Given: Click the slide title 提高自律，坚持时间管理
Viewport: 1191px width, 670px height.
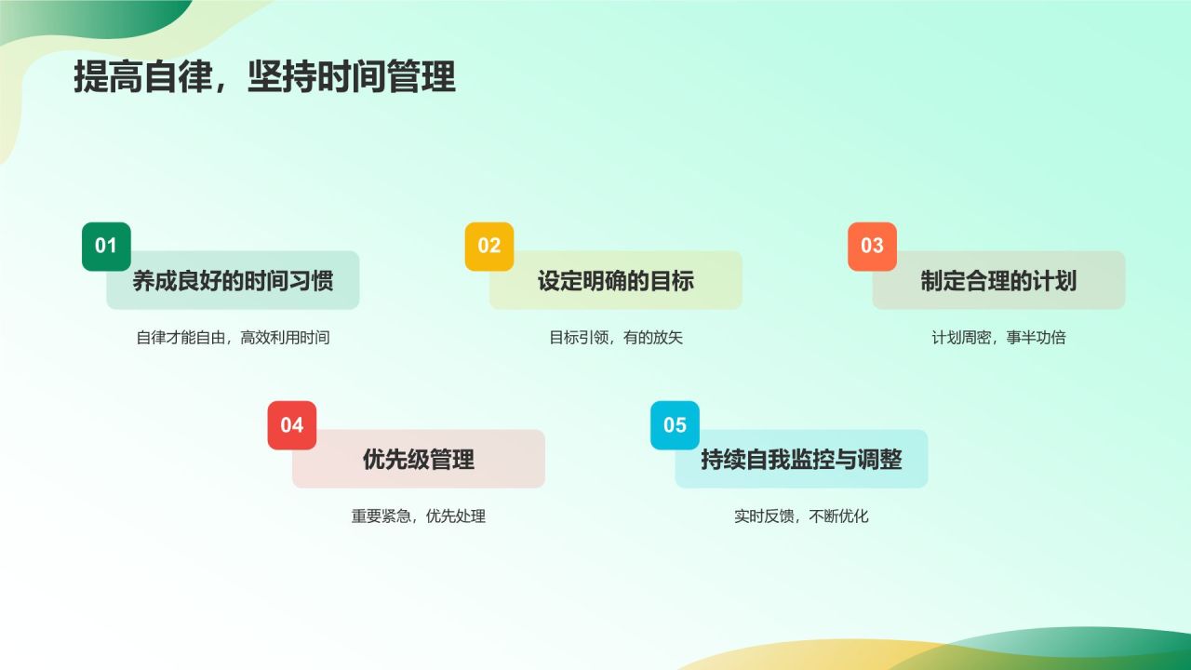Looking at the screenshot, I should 264,78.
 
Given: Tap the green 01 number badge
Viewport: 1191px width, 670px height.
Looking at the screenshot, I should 106,246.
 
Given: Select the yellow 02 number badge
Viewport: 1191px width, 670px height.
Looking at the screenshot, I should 489,246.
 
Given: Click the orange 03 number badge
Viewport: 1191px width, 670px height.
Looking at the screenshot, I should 872,246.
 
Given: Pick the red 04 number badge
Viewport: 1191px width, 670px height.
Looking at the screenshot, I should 292,425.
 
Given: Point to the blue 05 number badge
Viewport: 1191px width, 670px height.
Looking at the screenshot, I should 675,425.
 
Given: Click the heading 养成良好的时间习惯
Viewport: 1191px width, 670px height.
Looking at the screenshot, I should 233,281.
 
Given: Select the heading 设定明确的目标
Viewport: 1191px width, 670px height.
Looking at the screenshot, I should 616,281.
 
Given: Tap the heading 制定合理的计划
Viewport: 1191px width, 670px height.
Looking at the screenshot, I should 998,281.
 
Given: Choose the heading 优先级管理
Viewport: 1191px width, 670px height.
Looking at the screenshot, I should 419,460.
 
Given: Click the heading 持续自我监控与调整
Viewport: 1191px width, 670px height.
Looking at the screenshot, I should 801,460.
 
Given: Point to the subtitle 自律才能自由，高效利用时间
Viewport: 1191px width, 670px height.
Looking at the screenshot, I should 233,338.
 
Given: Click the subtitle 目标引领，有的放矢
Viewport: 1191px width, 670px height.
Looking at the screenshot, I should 616,338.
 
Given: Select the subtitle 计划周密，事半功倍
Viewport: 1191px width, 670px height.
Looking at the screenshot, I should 998,338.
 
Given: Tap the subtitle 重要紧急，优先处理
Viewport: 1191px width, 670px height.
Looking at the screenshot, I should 419,516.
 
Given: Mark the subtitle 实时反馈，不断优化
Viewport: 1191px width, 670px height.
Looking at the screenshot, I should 801,516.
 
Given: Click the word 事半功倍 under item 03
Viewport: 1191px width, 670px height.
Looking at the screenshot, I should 1036,338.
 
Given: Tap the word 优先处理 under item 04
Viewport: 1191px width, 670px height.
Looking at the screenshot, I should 456,516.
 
